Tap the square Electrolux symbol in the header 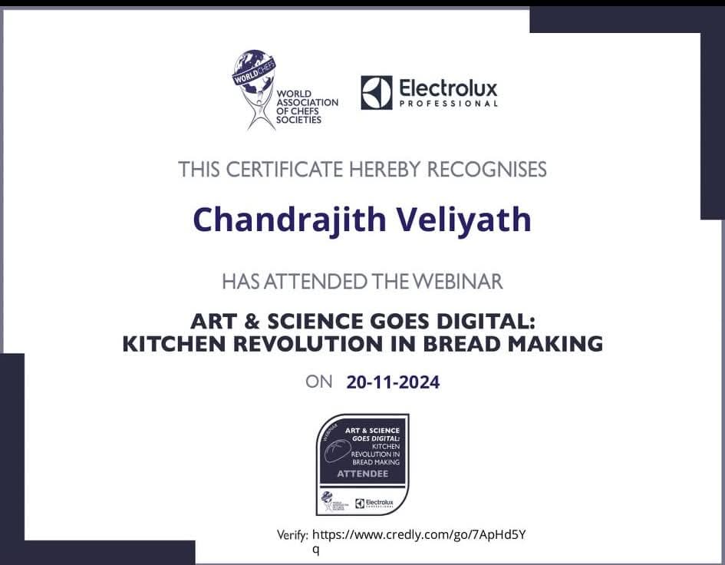376,92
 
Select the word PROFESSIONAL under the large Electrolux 448,104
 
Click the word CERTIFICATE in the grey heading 280,169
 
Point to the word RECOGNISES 486,169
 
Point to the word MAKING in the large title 558,344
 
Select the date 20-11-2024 393,382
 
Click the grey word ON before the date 319,381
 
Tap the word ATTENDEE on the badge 362,474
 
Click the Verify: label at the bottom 292,535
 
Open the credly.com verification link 418,534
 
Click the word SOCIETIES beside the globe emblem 299,120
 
